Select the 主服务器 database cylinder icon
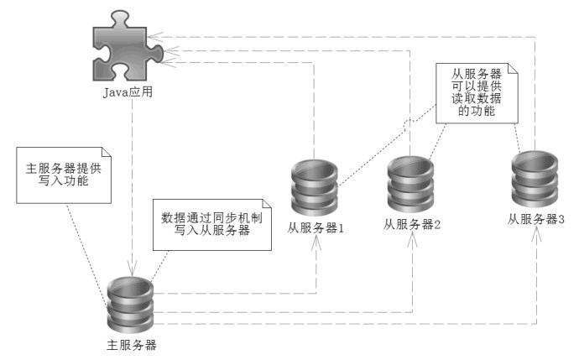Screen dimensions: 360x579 coord(133,306)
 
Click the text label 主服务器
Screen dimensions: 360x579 coord(133,344)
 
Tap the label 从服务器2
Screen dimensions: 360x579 coord(412,224)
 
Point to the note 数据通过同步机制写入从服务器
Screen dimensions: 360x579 coord(212,223)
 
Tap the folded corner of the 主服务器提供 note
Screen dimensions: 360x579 coord(106,154)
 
